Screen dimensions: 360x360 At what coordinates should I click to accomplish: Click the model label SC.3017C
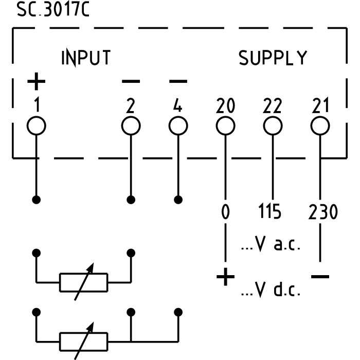[53, 10]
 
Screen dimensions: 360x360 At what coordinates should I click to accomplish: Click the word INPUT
[86, 58]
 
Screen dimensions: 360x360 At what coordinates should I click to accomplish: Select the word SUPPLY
[273, 58]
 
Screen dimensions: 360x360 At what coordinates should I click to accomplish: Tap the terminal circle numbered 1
[37, 125]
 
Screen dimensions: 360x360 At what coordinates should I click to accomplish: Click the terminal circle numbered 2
[131, 125]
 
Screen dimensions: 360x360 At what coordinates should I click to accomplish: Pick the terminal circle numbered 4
[178, 125]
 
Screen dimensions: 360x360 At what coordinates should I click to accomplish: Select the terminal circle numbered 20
[225, 125]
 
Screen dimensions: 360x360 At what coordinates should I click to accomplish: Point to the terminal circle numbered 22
[273, 125]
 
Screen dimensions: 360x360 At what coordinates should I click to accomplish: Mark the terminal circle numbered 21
[320, 125]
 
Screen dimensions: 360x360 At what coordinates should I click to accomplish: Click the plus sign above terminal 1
[37, 81]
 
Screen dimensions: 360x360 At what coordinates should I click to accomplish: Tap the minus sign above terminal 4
[178, 81]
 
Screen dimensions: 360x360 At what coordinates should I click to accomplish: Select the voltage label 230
[323, 212]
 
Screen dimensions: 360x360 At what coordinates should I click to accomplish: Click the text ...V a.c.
[271, 245]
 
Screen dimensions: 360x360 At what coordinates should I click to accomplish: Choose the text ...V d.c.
[271, 291]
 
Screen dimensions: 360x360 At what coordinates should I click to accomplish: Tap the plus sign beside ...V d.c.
[225, 278]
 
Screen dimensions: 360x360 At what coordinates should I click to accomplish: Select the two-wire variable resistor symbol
[83, 281]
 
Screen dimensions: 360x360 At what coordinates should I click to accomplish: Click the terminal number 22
[273, 106]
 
